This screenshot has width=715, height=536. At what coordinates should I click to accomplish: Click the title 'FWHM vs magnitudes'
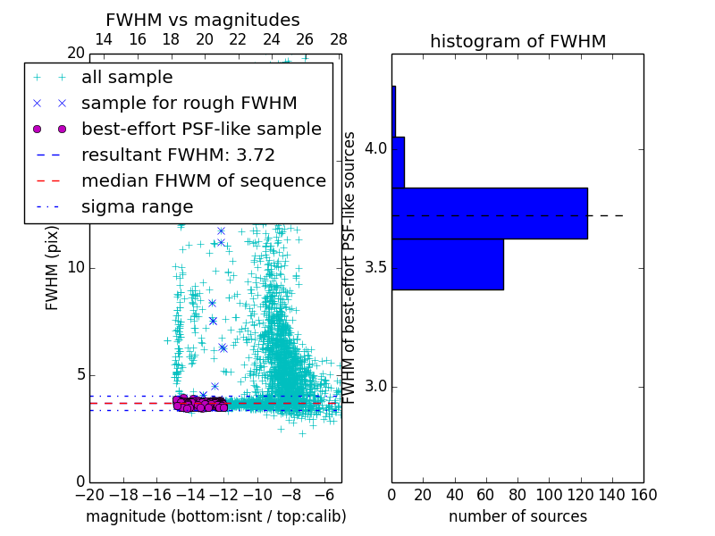point(202,21)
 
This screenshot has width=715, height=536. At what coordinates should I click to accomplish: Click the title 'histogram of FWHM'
point(517,41)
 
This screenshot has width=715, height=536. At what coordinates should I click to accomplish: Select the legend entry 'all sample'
point(127,78)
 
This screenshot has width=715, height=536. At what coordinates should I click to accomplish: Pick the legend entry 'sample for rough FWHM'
point(189,103)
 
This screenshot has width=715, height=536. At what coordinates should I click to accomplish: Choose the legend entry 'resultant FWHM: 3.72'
point(178,155)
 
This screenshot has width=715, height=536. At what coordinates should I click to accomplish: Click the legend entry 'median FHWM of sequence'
point(203,180)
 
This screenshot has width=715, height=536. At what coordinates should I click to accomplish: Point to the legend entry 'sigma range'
point(137,206)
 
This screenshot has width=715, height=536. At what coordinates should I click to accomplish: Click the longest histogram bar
point(489,214)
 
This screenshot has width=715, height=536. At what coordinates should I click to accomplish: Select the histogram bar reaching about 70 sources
point(447,264)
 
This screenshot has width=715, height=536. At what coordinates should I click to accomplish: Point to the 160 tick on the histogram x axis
point(643,493)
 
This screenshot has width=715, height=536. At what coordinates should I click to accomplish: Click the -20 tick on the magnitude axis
point(89,493)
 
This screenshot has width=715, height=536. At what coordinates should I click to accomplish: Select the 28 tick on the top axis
point(339,39)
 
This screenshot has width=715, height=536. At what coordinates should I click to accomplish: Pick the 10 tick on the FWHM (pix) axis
point(76,268)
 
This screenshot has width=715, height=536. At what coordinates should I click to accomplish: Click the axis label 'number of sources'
point(517,516)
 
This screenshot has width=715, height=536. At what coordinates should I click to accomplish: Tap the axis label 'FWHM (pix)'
point(53,268)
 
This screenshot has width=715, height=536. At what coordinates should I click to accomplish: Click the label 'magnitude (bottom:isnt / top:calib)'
point(215,516)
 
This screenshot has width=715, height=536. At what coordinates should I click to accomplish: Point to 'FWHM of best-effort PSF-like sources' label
point(350,268)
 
